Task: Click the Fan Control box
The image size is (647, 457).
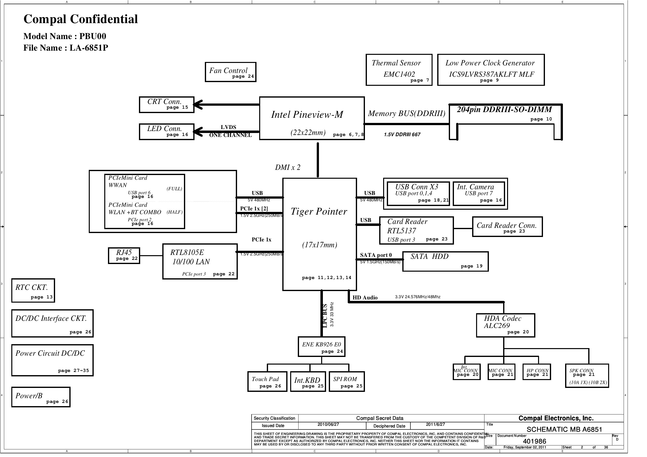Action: point(230,72)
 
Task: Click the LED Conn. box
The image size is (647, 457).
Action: point(166,132)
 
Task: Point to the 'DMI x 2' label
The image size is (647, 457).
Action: point(287,167)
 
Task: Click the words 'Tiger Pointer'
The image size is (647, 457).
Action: point(319,212)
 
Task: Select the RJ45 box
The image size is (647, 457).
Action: point(124,256)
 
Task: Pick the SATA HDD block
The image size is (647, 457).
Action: point(445,262)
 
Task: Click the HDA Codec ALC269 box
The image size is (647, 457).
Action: point(505,325)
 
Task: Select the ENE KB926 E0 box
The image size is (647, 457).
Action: point(321,347)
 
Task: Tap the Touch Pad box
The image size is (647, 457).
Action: point(267,382)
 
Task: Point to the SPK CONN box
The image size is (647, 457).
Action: point(587,376)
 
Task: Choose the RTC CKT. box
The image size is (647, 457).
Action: point(33,291)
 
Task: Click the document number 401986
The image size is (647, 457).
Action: point(534,442)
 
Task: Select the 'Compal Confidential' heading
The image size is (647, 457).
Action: point(81,19)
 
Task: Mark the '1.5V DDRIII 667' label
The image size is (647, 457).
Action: point(402,135)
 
